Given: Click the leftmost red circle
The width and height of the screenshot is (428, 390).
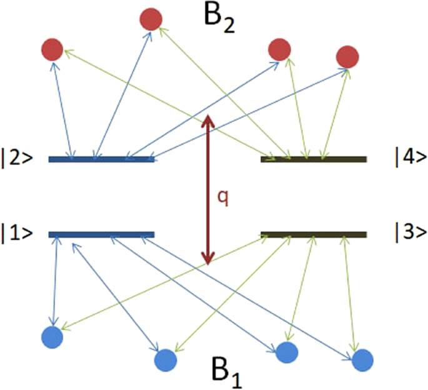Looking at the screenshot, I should pos(52,49).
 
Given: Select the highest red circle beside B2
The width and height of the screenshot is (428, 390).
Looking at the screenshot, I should pos(152,19).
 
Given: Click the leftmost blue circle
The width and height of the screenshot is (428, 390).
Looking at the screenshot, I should pos(52,337).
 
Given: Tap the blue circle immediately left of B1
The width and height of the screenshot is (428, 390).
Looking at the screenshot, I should pos(166,359).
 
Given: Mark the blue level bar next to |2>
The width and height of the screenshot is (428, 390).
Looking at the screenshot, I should pos(102,159).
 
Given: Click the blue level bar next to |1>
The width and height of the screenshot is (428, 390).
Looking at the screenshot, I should pos(102,235).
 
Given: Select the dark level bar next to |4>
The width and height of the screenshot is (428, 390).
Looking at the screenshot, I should pos(314,159).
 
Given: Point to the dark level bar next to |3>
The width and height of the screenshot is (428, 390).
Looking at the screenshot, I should pos(314,235).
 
